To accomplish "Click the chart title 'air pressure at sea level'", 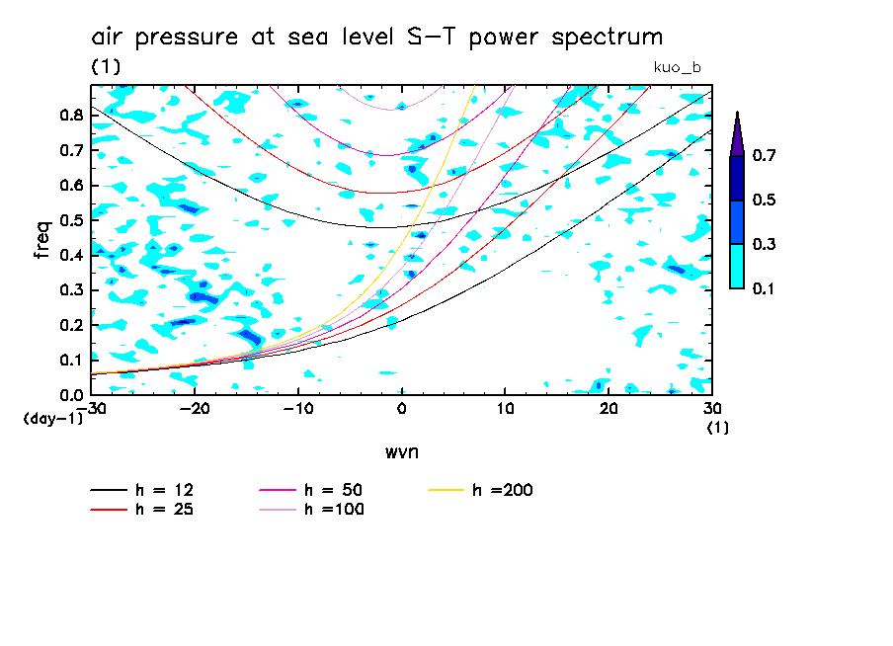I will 376,39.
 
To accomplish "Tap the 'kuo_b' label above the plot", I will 678,67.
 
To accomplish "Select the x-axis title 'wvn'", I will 402,451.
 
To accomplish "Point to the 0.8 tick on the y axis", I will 70,115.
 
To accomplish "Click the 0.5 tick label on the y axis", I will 70,220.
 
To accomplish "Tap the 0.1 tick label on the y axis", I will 70,361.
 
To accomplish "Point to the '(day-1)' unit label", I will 53,419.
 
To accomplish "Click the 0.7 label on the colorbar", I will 764,155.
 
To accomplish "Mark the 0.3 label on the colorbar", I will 764,244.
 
